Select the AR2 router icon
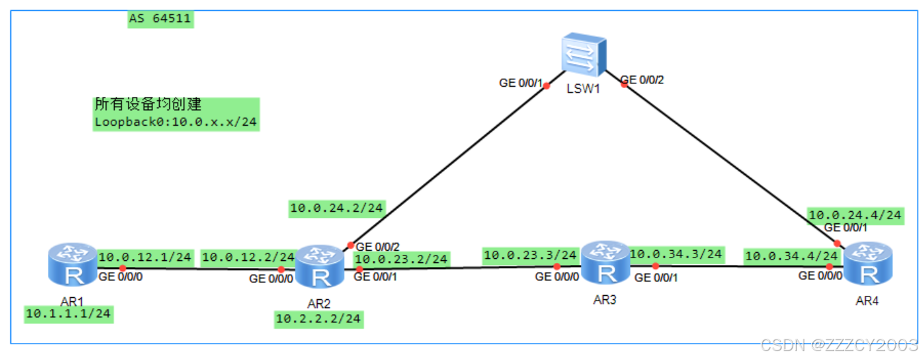pyautogui.click(x=319, y=268)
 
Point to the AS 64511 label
pyautogui.click(x=161, y=18)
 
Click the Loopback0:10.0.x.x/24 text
pyautogui.click(x=176, y=123)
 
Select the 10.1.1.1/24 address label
pyautogui.click(x=68, y=314)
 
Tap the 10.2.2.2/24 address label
pyautogui.click(x=318, y=318)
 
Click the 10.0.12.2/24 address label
pyautogui.click(x=247, y=258)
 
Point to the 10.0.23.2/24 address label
pyautogui.click(x=401, y=259)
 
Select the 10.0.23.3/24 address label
pyautogui.click(x=530, y=255)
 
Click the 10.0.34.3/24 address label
pyautogui.click(x=675, y=254)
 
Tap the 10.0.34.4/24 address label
pyautogui.click(x=791, y=256)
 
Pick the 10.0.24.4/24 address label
pyautogui.click(x=855, y=215)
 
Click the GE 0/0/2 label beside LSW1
pyautogui.click(x=642, y=80)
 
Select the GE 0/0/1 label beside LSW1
pyautogui.click(x=521, y=83)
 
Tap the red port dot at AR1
pyautogui.click(x=122, y=268)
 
